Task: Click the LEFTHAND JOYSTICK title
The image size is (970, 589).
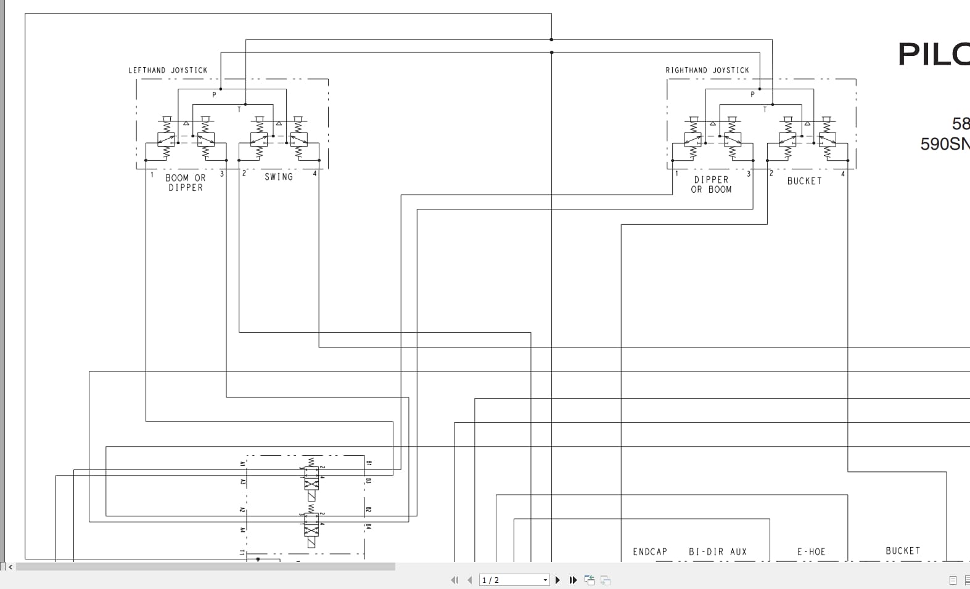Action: point(168,70)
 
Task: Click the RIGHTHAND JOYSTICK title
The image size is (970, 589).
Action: point(707,70)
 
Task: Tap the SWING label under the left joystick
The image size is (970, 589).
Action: point(279,177)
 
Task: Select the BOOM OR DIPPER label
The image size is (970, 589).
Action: point(186,182)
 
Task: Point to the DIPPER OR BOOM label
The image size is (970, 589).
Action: point(711,185)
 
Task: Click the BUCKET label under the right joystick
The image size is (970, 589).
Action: point(804,181)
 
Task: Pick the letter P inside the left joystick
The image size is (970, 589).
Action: point(215,95)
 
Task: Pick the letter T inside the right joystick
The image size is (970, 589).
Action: point(765,110)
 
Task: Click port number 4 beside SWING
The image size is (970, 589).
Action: point(314,174)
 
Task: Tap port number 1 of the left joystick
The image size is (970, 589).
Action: point(152,174)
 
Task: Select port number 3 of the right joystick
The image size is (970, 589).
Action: point(749,174)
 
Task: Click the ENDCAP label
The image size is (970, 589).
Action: point(650,552)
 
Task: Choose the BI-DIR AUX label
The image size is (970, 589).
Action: point(718,552)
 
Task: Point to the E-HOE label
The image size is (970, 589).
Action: point(811,552)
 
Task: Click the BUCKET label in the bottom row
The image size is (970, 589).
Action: point(903,551)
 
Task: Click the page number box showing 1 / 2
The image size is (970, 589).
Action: point(513,580)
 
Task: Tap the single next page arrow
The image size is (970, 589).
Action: point(558,580)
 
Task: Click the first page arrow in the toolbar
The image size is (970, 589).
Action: point(454,580)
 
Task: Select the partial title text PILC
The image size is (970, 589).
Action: point(933,54)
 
